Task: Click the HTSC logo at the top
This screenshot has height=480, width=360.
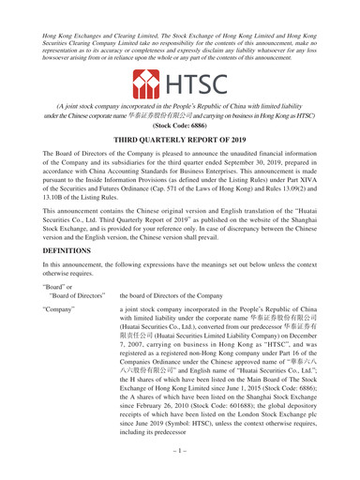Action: click(180, 88)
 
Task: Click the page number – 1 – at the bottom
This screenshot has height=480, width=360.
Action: click(180, 466)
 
